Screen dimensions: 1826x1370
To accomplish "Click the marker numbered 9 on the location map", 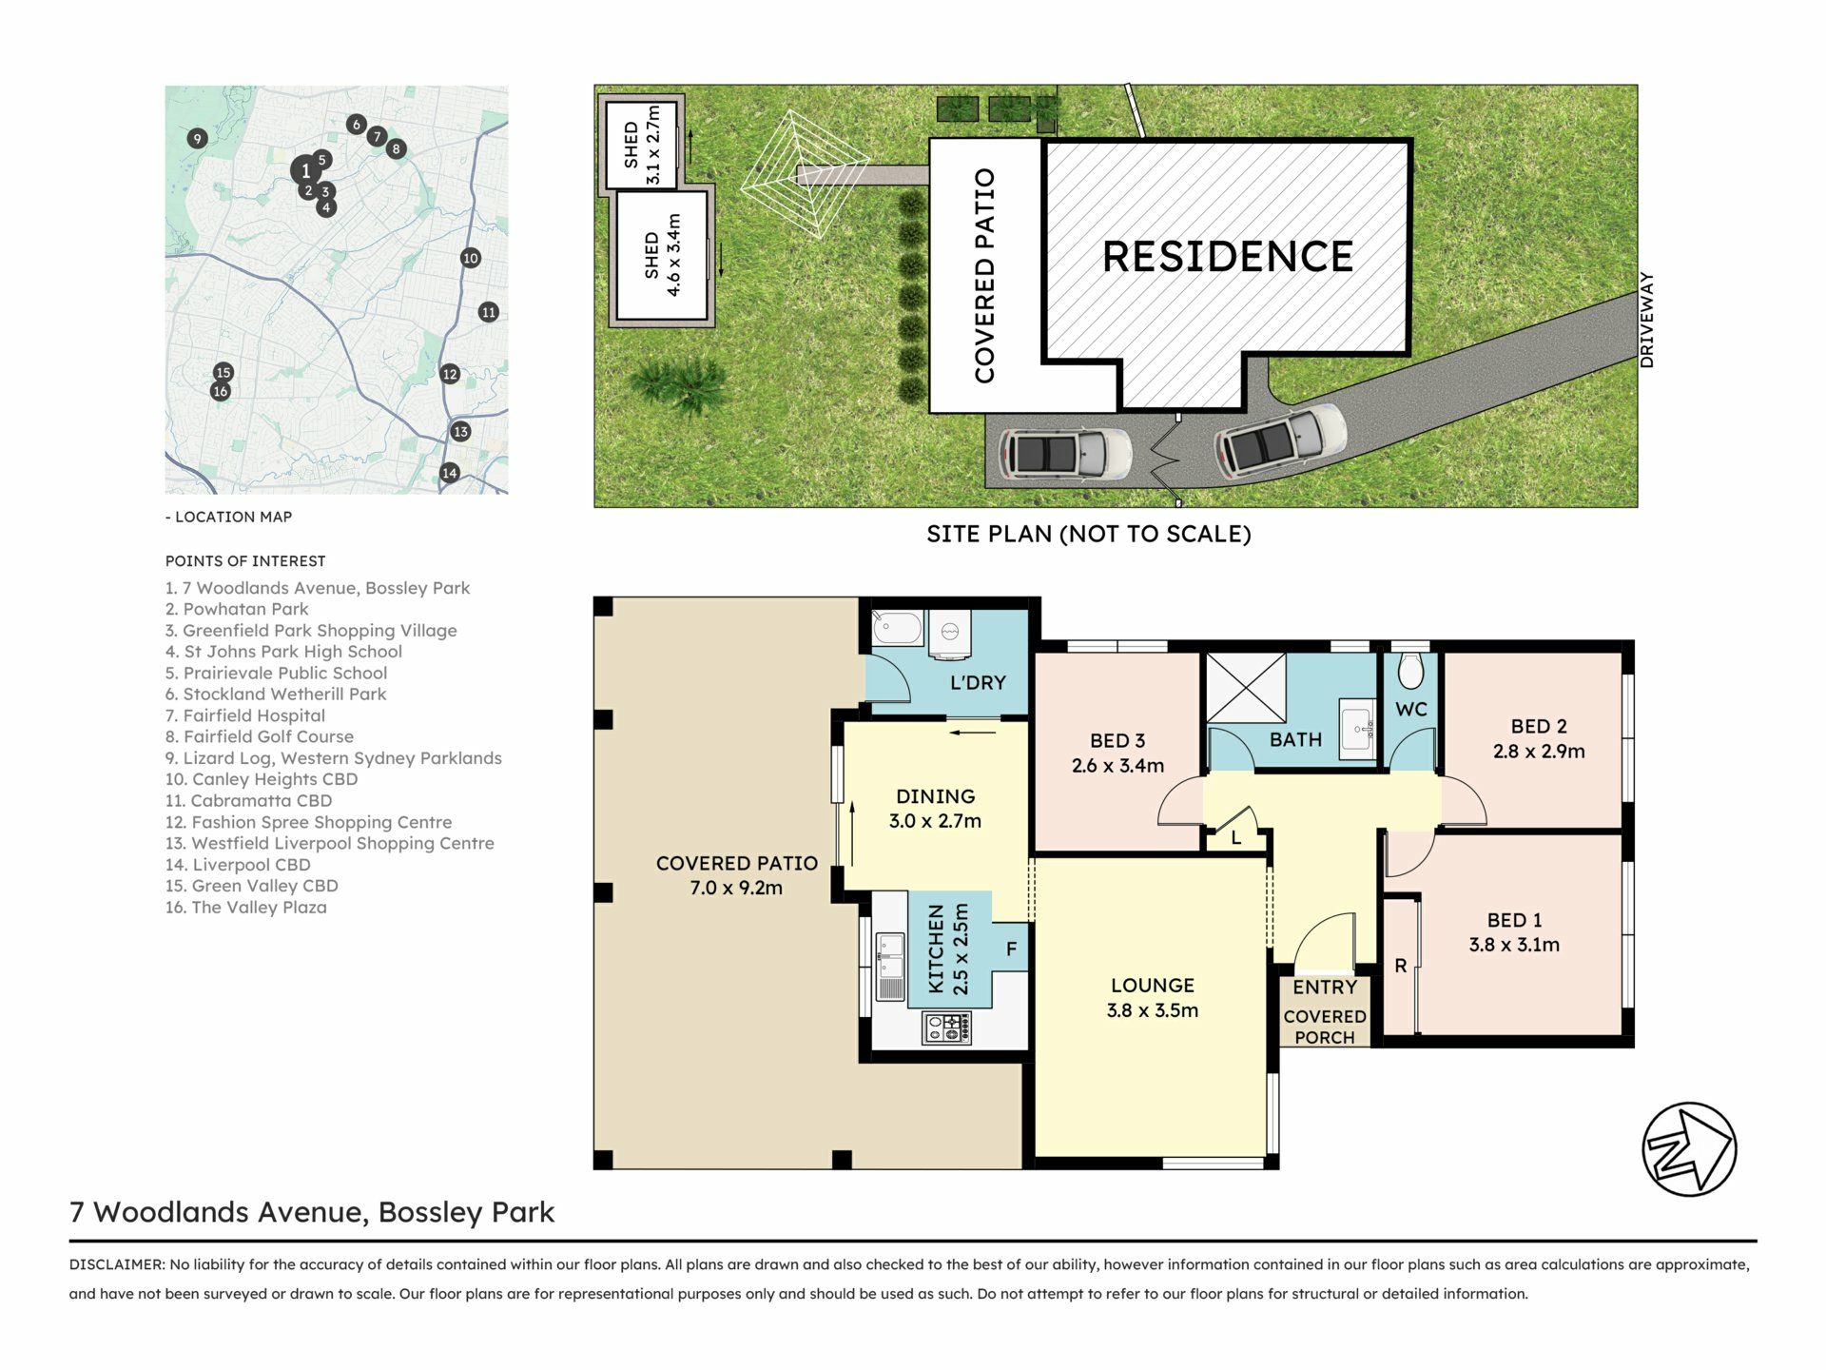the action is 197,139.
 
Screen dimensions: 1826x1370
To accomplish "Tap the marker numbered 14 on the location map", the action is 450,473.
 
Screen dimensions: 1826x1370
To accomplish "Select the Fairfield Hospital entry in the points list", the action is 245,715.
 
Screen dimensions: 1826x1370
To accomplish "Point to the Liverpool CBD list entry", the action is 238,865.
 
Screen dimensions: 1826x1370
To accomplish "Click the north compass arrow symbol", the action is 1689,1149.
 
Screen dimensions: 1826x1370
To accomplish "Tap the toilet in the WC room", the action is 1410,670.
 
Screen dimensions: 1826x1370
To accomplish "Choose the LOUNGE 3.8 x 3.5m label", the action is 1153,998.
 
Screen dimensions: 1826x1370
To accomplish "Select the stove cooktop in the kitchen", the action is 947,1027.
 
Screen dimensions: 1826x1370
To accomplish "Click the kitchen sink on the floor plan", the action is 890,967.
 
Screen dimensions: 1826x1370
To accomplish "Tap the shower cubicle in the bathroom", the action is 1246,688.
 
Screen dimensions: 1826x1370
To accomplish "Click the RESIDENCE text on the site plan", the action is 1227,257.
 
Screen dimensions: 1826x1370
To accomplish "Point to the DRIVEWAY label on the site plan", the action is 1647,320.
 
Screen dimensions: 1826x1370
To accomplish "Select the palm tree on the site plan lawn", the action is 679,383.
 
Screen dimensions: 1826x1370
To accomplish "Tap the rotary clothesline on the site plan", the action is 805,175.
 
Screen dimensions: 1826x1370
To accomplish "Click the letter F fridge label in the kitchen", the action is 1011,949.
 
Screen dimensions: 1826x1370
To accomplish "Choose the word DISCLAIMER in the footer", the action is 116,1264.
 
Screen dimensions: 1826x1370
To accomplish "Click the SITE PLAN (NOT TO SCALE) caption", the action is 1089,534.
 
